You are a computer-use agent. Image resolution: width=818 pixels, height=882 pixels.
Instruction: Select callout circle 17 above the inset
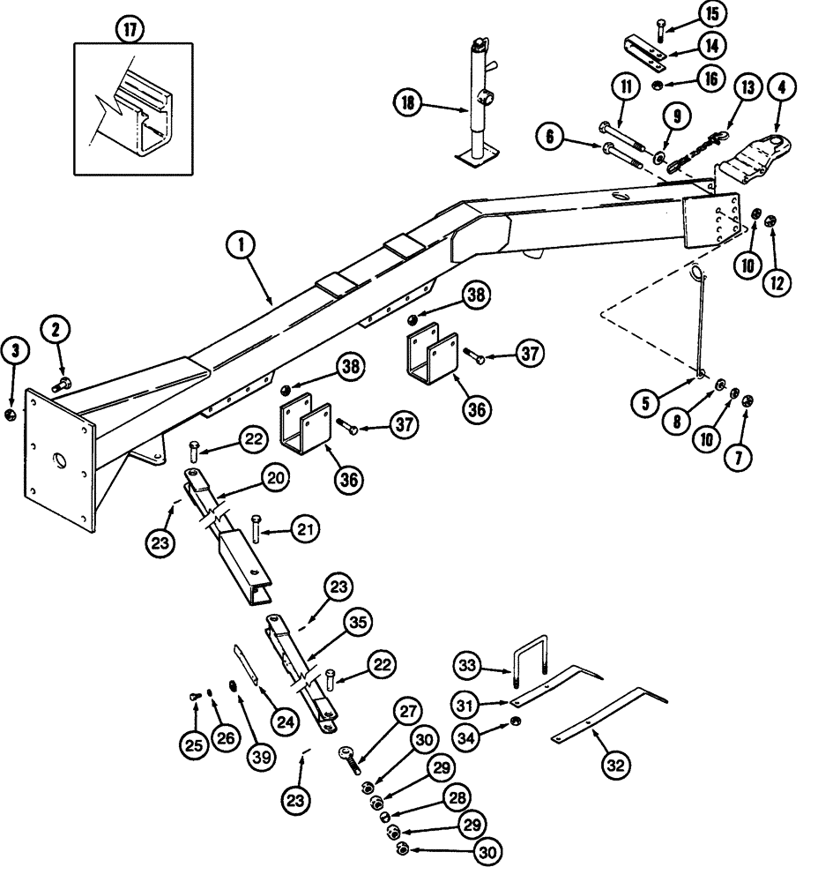[x=130, y=28]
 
